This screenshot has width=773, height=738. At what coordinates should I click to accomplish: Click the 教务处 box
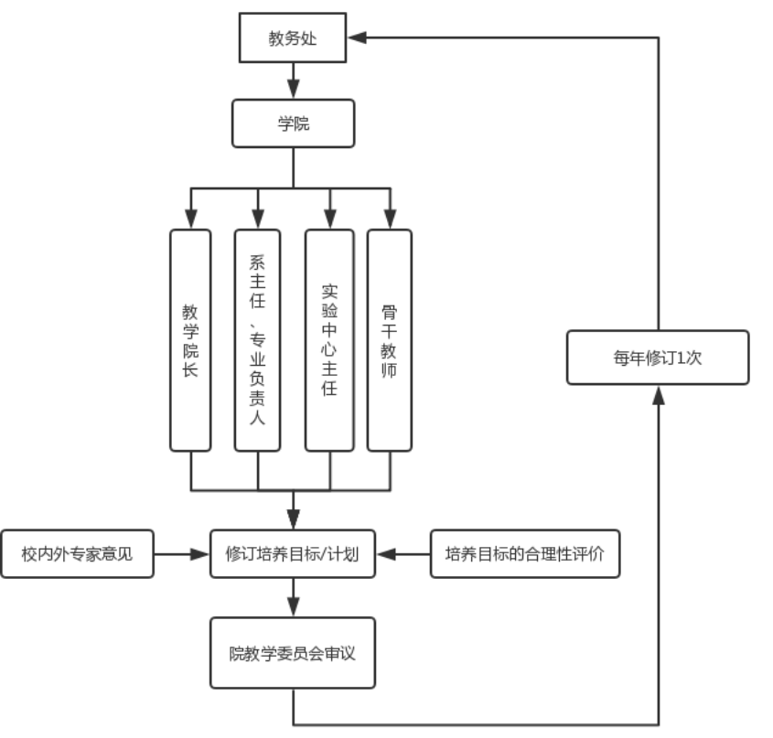point(293,37)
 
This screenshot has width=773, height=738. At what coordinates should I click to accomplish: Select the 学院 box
point(293,123)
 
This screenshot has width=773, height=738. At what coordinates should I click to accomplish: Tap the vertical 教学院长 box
point(190,339)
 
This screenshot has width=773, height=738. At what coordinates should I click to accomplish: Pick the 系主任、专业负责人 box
point(257,339)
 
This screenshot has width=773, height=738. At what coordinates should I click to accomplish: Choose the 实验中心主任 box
point(329,339)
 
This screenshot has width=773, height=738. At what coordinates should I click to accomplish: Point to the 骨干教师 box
point(390,339)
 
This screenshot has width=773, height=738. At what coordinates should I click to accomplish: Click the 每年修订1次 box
point(658,358)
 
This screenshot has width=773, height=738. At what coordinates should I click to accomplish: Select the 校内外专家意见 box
point(77,553)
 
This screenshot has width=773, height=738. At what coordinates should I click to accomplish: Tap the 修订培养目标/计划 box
point(293,553)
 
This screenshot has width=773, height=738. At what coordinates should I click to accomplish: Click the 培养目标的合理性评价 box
point(525,553)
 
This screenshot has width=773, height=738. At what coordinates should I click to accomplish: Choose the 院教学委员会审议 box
point(293,653)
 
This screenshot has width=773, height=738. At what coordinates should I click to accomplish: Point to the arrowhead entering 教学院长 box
point(190,219)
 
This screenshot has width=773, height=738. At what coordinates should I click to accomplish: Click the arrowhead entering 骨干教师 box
point(390,219)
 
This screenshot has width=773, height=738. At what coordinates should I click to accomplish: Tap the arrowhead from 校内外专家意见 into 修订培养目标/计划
point(200,553)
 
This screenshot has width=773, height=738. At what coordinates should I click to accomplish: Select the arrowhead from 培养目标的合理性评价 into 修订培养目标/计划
point(386,553)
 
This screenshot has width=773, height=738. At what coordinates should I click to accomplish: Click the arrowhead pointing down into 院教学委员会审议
point(293,607)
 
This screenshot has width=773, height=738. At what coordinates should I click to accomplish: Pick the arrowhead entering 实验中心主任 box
point(329,219)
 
